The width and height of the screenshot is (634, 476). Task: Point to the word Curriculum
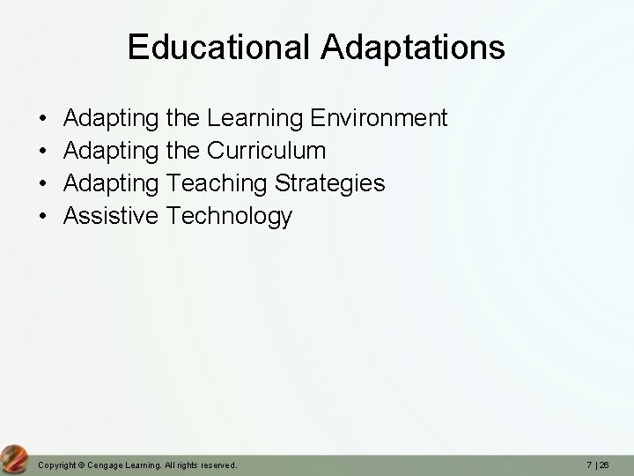[266, 150]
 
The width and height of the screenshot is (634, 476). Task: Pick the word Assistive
[112, 215]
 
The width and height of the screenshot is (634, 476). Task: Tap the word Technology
[229, 215]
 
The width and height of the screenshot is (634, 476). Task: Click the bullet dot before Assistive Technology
[43, 216]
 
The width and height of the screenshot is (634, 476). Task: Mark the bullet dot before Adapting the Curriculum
[43, 151]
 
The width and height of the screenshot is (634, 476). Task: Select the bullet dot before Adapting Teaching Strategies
[43, 183]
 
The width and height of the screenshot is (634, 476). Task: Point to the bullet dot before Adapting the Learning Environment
[43, 118]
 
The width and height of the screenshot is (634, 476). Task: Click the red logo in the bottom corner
[14, 458]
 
